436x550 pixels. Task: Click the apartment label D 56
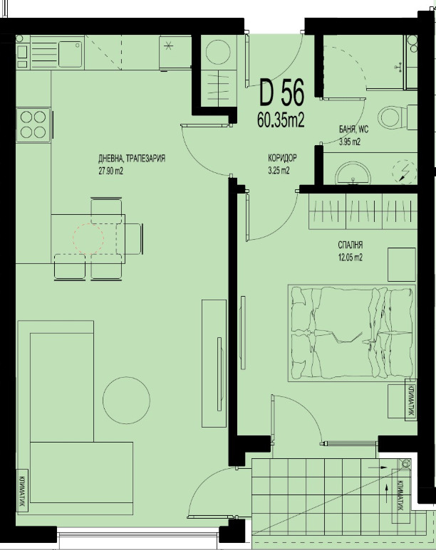281,93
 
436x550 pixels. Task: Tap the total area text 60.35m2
281,120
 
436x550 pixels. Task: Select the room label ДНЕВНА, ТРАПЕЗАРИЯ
132,159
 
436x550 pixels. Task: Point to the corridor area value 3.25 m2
279,171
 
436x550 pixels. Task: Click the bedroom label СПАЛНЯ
351,245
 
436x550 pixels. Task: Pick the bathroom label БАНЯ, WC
354,129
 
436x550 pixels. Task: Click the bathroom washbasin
353,174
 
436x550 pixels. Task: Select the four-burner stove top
33,125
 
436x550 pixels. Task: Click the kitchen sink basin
71,53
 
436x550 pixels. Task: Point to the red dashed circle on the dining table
88,239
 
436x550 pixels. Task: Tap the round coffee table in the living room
127,400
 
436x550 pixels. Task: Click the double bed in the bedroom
352,333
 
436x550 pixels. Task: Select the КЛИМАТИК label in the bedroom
410,399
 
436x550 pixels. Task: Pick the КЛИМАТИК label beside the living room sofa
22,492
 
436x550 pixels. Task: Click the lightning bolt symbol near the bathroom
404,171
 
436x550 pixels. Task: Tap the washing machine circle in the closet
218,52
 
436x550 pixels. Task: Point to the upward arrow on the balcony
387,492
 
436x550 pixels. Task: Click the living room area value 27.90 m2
110,171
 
